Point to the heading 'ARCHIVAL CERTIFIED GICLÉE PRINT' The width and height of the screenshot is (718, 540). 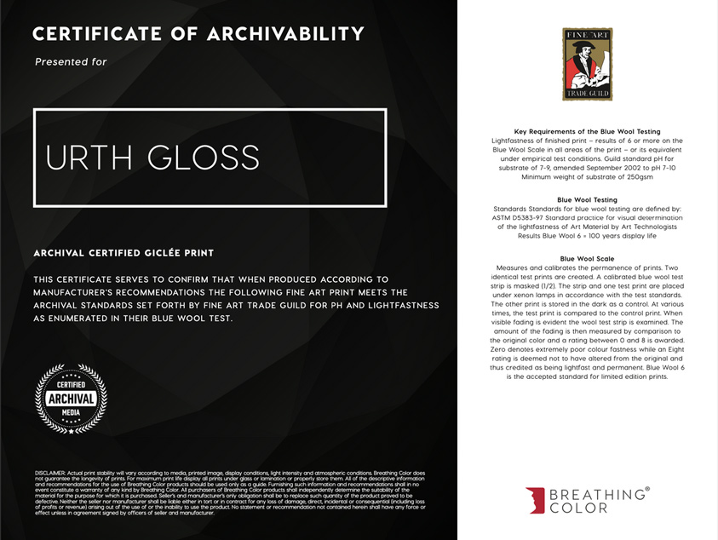[123, 254]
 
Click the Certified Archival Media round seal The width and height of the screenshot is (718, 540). [71, 398]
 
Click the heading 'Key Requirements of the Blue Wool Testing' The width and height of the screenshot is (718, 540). [587, 131]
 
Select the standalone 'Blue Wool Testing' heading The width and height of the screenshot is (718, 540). [587, 200]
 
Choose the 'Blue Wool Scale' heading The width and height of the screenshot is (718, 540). [587, 258]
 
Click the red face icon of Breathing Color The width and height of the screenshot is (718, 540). [535, 501]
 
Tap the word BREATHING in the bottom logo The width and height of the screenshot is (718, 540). [596, 495]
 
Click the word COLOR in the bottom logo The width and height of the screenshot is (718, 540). [578, 508]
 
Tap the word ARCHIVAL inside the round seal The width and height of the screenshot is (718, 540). [71, 398]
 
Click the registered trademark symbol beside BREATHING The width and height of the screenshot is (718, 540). [646, 489]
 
